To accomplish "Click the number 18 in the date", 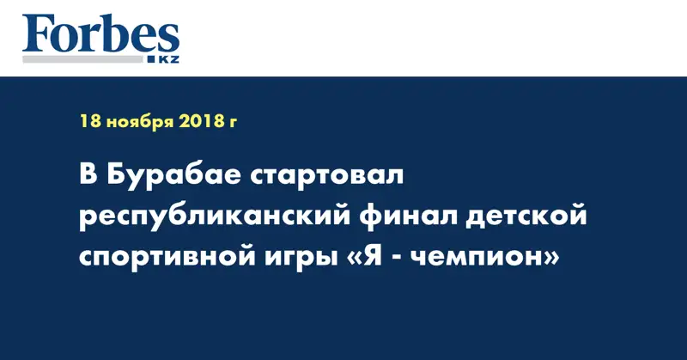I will point(88,122).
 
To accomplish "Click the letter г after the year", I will point(232,124).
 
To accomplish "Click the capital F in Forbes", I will point(37,34).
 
